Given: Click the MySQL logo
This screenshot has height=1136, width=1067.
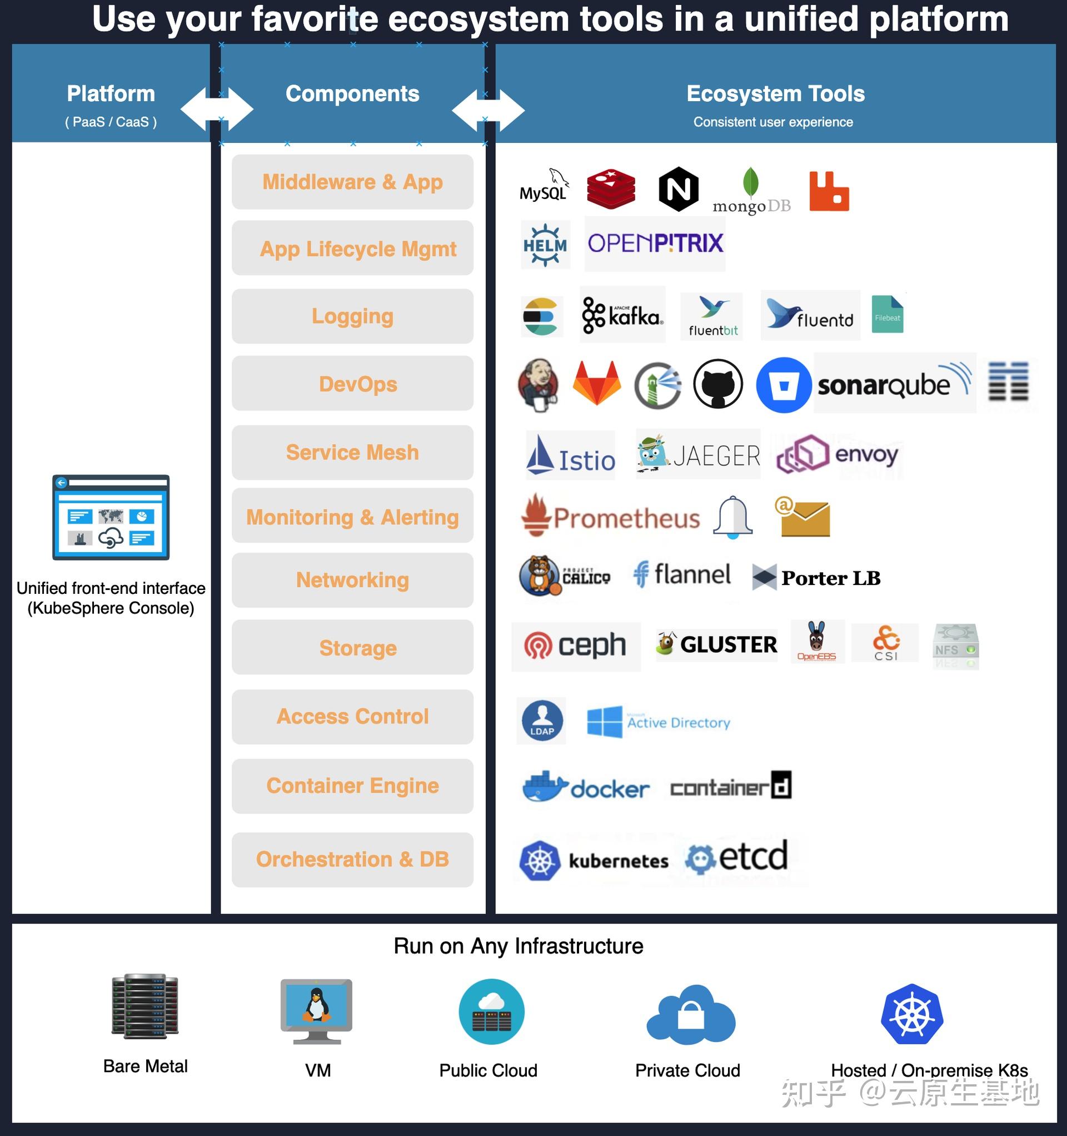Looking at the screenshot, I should (543, 186).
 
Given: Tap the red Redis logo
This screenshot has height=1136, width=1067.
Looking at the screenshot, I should (611, 189).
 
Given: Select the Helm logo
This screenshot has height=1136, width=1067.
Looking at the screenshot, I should (545, 245).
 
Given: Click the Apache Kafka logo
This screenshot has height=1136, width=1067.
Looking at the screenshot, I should (622, 315).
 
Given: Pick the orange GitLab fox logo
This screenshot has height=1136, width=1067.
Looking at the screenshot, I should (597, 383).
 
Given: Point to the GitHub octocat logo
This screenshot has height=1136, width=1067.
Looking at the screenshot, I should (717, 384).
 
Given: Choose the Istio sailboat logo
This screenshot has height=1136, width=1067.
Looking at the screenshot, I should (570, 456).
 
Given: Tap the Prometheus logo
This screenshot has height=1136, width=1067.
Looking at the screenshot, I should (610, 517).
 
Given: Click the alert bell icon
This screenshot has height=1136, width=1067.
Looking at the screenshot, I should (732, 517).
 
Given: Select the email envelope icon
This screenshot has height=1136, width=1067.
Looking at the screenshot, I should (802, 517).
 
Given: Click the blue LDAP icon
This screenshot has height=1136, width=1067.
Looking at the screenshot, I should (541, 721).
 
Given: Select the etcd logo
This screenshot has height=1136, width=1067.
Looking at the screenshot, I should (737, 856).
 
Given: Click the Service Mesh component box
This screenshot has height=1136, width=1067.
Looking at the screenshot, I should (352, 453).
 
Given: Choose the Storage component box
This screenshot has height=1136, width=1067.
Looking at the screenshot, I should (352, 648).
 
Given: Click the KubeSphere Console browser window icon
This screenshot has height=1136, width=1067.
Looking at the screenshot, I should (111, 517).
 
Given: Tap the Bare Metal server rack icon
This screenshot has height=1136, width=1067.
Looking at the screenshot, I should (145, 1006).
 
